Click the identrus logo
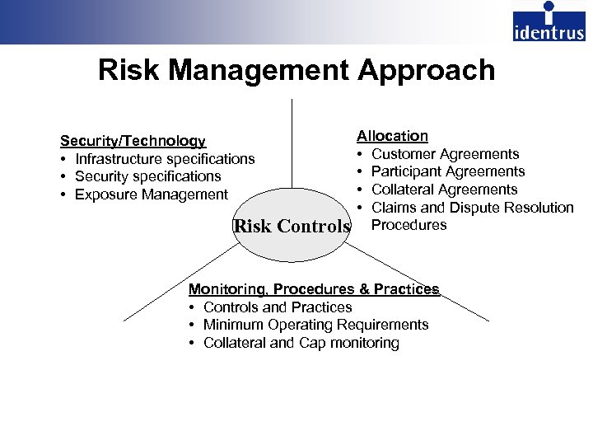pos(549,21)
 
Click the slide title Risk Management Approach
pos(296,70)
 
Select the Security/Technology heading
pos(133,141)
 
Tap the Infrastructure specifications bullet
pos(165,159)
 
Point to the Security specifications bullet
pos(147,176)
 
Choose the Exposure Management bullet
pos(151,194)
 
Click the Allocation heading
pos(392,136)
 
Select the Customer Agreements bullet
pos(445,154)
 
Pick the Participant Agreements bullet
pos(448,171)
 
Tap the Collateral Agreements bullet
pos(444,190)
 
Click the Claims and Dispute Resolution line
pos(472,208)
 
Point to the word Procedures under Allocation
pos(409,225)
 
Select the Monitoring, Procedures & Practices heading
pos(314,289)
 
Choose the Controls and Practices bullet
pos(278,307)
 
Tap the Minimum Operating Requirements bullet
pos(315,325)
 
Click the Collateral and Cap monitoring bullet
pos(301,343)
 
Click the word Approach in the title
pos(426,70)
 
